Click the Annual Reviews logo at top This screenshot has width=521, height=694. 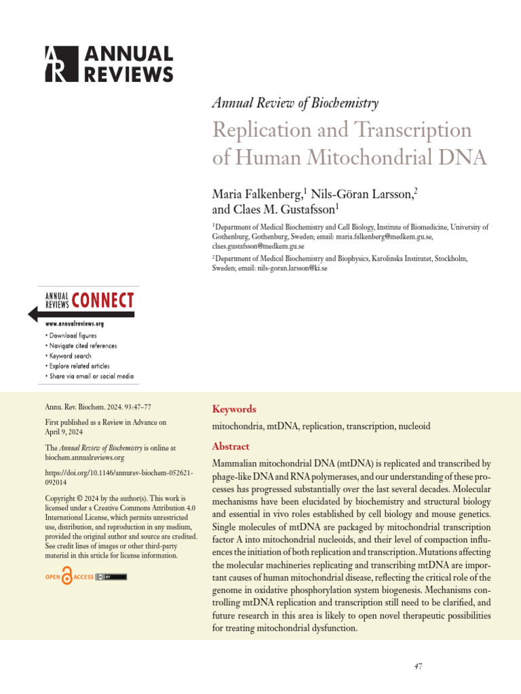tap(109, 64)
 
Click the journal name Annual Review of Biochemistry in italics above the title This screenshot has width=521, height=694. tap(295, 103)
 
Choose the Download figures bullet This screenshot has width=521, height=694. tap(73, 335)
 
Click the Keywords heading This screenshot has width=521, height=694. tap(234, 409)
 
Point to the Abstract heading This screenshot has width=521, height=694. tap(231, 447)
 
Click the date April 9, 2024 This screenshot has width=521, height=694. tap(64, 432)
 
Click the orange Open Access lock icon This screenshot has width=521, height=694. tap(66, 577)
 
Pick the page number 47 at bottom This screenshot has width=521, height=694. tap(418, 666)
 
